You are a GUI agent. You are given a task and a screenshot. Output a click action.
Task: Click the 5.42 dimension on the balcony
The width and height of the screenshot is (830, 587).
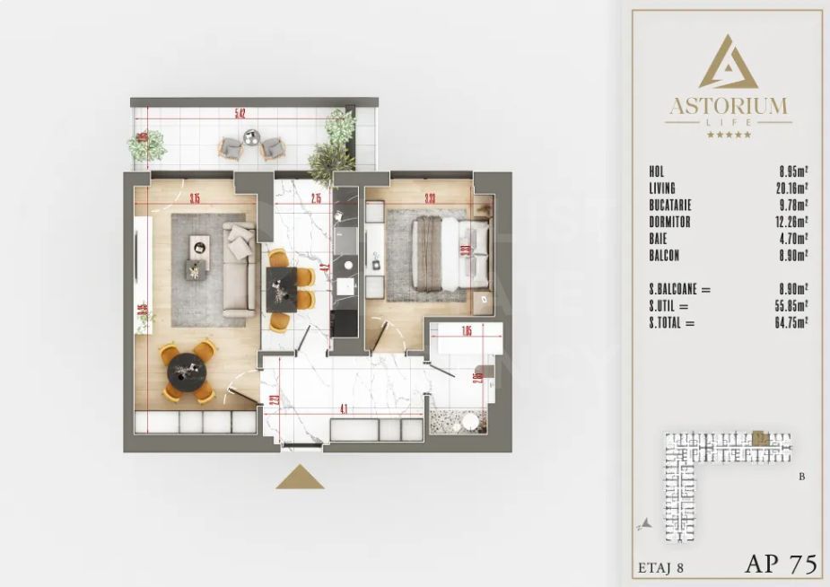(240, 114)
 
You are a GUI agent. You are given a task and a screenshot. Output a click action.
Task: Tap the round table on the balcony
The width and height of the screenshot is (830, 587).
(251, 137)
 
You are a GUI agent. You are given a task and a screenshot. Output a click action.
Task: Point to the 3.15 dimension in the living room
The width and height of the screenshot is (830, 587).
(195, 199)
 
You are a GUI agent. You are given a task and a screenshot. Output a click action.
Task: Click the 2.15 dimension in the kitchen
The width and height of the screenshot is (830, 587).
(316, 199)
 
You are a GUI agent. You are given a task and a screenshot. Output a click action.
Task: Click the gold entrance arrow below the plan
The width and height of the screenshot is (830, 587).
(300, 478)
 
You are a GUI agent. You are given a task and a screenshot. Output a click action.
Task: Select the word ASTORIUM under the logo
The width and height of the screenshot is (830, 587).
(728, 108)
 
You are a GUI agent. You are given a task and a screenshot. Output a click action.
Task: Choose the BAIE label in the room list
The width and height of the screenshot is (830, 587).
(659, 239)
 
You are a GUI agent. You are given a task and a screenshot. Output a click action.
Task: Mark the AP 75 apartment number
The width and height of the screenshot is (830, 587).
(780, 564)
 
